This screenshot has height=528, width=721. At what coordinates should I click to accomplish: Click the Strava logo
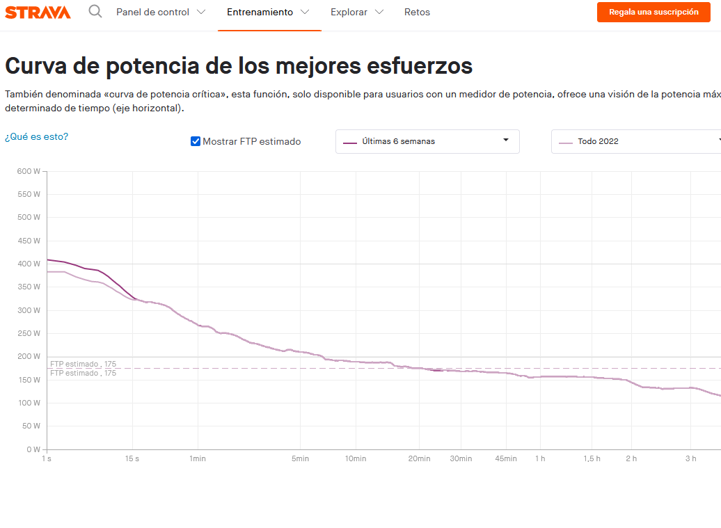click(38, 12)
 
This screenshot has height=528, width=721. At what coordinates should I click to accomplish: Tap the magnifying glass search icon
click(95, 12)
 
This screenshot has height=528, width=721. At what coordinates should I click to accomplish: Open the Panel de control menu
click(161, 12)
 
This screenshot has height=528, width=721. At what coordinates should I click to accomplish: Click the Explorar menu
click(357, 12)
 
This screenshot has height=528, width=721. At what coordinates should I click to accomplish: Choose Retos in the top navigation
click(417, 12)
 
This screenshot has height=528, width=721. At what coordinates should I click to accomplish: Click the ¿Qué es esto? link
click(37, 136)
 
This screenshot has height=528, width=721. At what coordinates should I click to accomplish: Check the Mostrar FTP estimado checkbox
click(196, 141)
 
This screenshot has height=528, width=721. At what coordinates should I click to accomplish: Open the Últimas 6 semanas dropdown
click(427, 141)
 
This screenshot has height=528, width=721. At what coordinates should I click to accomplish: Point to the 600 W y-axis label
click(29, 171)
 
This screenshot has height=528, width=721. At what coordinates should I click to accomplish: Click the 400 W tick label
click(29, 264)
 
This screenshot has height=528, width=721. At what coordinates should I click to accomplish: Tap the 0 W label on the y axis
click(33, 449)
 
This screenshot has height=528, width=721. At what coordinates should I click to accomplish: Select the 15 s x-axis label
click(132, 458)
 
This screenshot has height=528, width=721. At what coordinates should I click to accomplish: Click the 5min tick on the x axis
click(300, 458)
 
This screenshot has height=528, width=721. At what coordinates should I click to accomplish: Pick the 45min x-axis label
click(506, 458)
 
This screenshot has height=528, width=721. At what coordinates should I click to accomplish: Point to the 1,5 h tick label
click(592, 458)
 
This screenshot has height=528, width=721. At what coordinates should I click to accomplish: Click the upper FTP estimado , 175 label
click(83, 364)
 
